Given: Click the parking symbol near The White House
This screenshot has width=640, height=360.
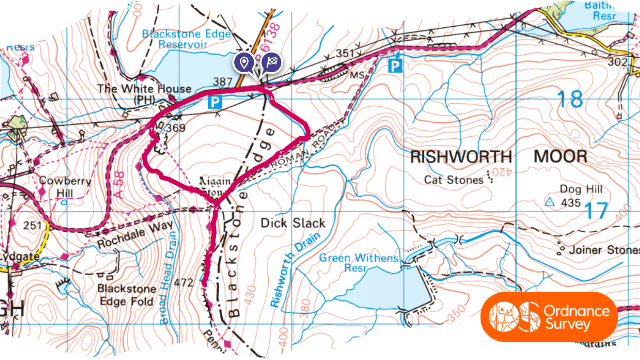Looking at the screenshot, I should click(x=213, y=101).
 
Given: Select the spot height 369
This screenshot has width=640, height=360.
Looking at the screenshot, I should click(x=176, y=128).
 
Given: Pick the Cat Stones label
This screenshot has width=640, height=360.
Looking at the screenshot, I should click(x=446, y=181).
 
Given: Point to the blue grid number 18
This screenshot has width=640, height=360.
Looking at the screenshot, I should click(x=570, y=99).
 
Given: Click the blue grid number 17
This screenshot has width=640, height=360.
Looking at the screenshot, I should click(x=596, y=211).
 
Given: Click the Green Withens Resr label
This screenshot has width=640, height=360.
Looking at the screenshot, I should click(x=358, y=263).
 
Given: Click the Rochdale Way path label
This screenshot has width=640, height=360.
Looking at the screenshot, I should click(x=136, y=233).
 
